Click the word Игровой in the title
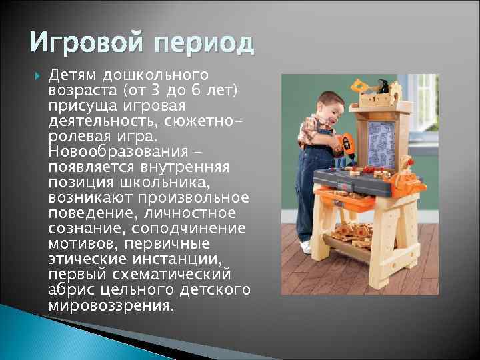click(x=81, y=45)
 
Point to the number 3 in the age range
click(x=167, y=90)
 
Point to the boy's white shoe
click(x=306, y=247)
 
